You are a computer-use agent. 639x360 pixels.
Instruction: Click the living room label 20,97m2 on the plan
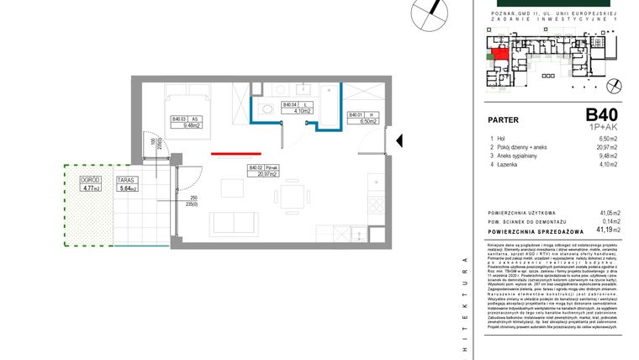(x=267, y=174)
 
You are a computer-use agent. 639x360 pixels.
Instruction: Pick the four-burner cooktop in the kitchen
(x=374, y=203)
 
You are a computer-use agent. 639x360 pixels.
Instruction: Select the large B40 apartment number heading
(x=601, y=114)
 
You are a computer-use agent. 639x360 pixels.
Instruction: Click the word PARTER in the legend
(x=504, y=119)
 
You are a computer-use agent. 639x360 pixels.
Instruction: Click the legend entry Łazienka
(x=507, y=163)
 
